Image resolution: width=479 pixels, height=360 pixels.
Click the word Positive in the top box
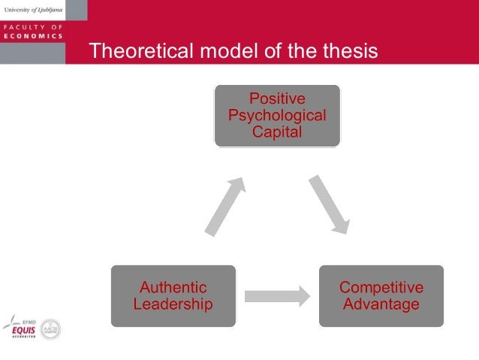pos(277,99)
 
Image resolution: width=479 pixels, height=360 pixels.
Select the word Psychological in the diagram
pos(277,116)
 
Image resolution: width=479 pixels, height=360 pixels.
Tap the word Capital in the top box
pos(277,132)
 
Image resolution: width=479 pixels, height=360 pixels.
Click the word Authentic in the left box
pos(173,287)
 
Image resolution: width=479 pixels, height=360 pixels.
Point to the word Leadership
pos(173,304)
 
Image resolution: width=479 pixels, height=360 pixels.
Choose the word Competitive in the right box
pos(381,287)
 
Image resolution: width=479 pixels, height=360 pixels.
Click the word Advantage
pos(381,304)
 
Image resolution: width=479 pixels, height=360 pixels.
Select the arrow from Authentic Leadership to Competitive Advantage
pos(277,295)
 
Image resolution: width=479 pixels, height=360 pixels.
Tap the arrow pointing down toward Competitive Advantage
pos(330,204)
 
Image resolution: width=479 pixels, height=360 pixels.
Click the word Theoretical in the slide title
pos(133,50)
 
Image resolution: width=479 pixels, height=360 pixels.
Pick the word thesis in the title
pos(353,50)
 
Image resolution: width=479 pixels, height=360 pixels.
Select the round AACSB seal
pos(50,328)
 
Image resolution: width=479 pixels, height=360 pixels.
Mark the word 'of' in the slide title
pos(255,50)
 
